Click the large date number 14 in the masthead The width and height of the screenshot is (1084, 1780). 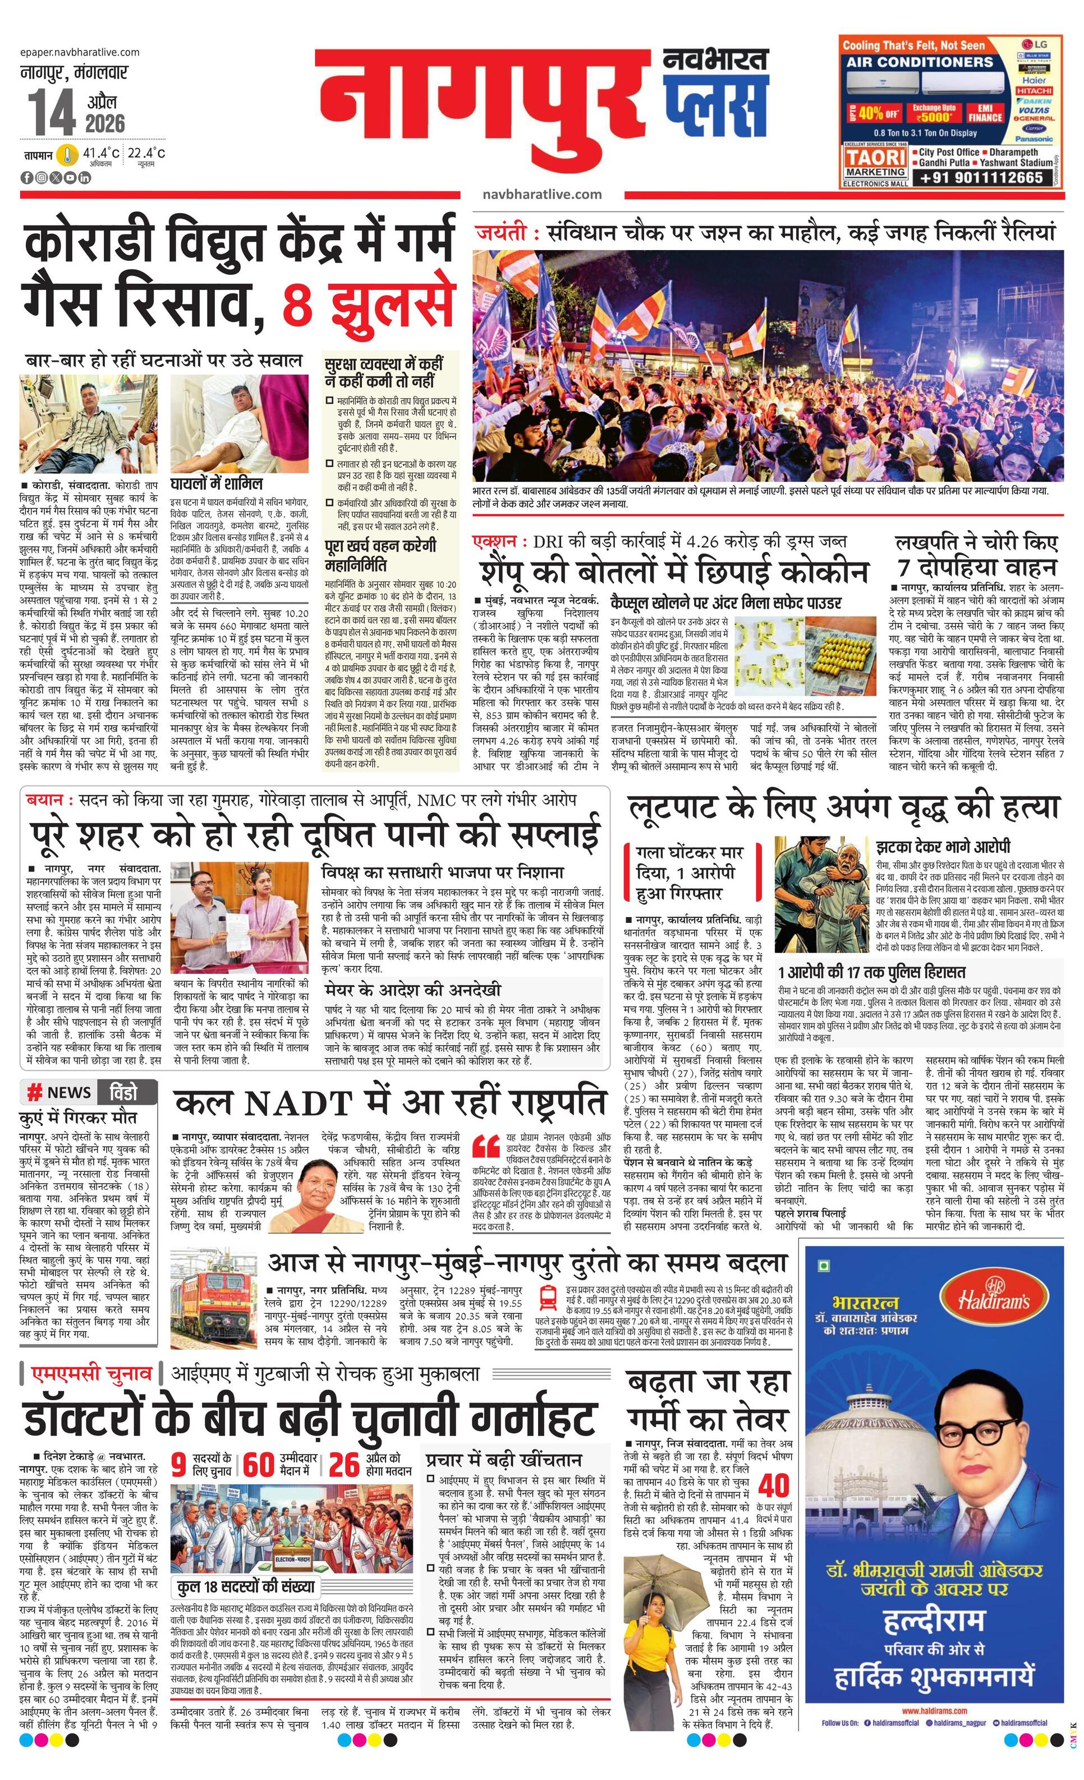(x=52, y=114)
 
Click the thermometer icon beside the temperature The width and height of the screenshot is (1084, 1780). (x=68, y=155)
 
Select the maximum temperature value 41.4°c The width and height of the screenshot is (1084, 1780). (x=100, y=153)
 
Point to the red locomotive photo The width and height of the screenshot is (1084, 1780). (x=213, y=1305)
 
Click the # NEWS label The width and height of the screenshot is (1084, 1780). (x=59, y=1092)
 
